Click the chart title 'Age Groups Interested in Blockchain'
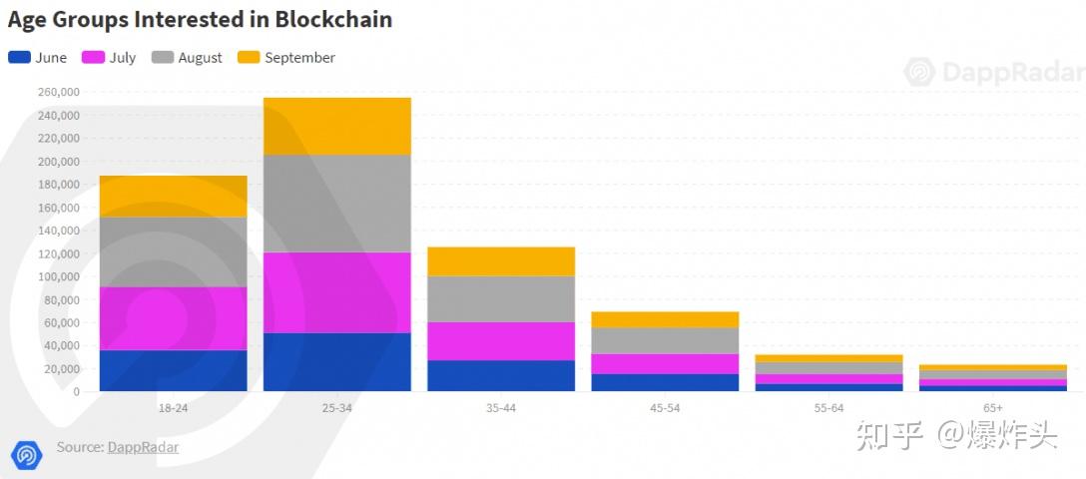coord(200,19)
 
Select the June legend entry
coord(38,58)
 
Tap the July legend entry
coord(109,58)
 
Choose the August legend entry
coord(187,58)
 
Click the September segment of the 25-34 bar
coord(336,126)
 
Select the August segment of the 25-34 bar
coord(336,204)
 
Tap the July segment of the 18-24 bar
coord(173,318)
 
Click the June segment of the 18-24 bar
coord(173,370)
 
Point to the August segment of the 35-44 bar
coord(500,298)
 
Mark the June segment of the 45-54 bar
coord(665,382)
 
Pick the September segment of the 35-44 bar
coord(500,260)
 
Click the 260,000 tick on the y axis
coord(58,92)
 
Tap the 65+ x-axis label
coord(992,408)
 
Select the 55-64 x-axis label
coord(827,408)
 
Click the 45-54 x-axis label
coord(664,408)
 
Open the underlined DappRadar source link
coord(143,447)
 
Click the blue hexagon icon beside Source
coord(27,454)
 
